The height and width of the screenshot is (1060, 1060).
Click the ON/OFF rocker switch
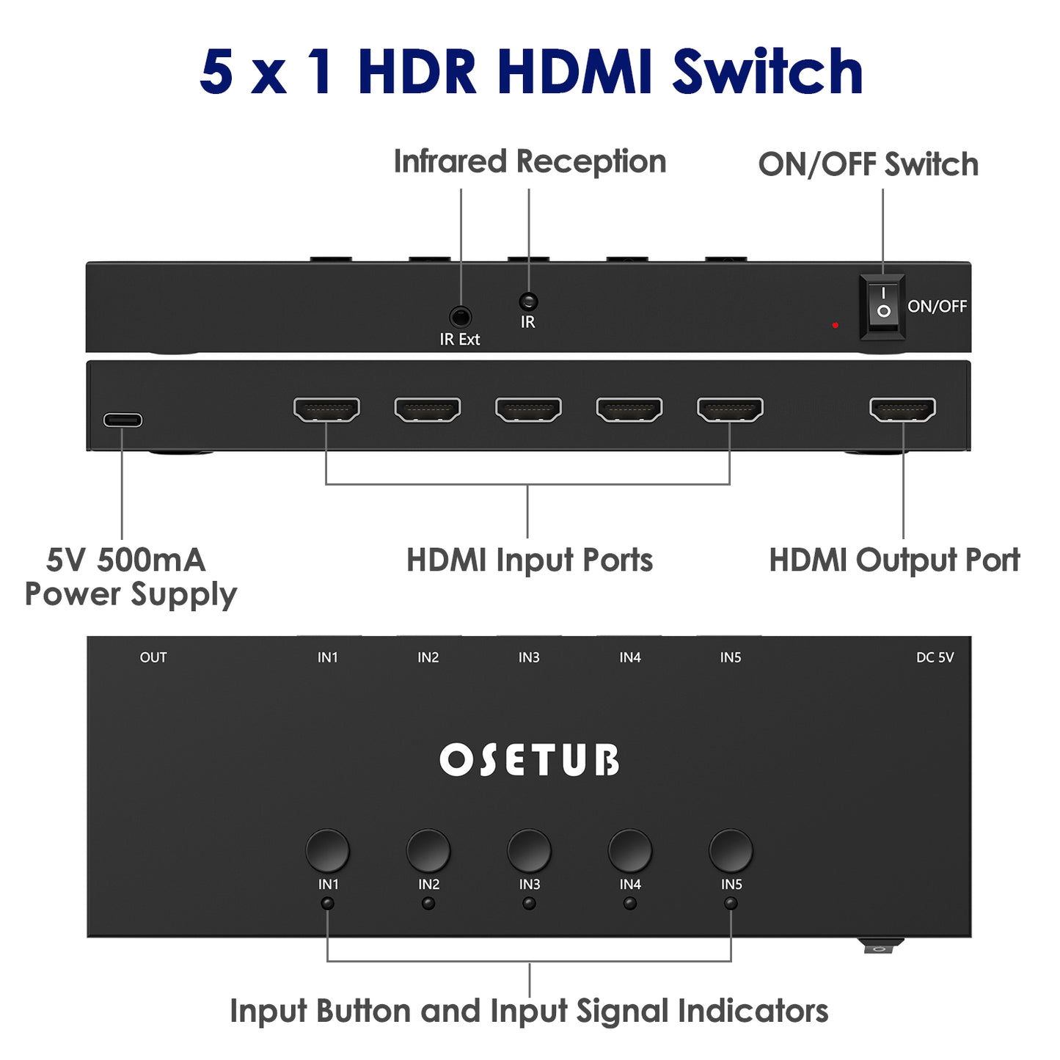pyautogui.click(x=882, y=307)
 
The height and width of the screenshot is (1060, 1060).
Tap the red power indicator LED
pyautogui.click(x=835, y=324)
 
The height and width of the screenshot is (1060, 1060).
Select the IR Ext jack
pyautogui.click(x=460, y=317)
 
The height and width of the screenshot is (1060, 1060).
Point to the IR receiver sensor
pyautogui.click(x=528, y=301)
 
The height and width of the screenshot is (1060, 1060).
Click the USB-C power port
pyautogui.click(x=123, y=420)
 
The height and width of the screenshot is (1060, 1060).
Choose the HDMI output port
pyautogui.click(x=902, y=409)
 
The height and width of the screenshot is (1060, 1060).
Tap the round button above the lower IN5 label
pyautogui.click(x=731, y=850)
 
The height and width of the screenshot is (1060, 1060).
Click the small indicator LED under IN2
pyautogui.click(x=428, y=904)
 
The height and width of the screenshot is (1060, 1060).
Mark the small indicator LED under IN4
pyautogui.click(x=630, y=904)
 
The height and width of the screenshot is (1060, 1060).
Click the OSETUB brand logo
pyautogui.click(x=529, y=760)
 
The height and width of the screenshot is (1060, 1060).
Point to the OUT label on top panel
pyautogui.click(x=153, y=657)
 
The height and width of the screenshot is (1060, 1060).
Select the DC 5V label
pyautogui.click(x=935, y=657)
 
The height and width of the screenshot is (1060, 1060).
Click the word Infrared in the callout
pyautogui.click(x=450, y=161)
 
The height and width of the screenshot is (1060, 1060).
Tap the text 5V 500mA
pyautogui.click(x=125, y=560)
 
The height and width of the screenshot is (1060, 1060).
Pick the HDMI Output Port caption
pyautogui.click(x=894, y=560)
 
